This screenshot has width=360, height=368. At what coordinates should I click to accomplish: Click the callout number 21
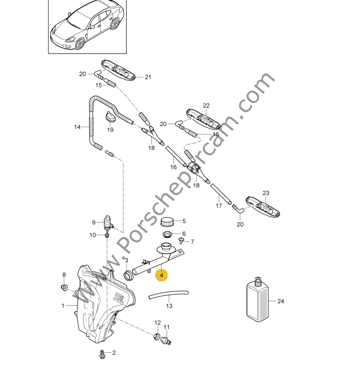(x=147, y=77)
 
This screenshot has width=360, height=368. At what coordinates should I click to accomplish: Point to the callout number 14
(x=77, y=127)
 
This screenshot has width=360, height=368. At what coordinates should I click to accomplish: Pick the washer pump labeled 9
(x=107, y=224)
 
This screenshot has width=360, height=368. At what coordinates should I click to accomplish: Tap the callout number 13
(x=169, y=306)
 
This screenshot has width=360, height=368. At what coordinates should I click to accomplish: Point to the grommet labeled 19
(x=111, y=118)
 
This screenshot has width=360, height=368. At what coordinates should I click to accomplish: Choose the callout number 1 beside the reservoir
(x=63, y=306)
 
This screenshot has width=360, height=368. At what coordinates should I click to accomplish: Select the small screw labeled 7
(x=181, y=241)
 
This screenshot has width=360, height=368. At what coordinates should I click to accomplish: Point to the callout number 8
(x=63, y=275)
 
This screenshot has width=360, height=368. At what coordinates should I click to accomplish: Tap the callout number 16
(x=174, y=167)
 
